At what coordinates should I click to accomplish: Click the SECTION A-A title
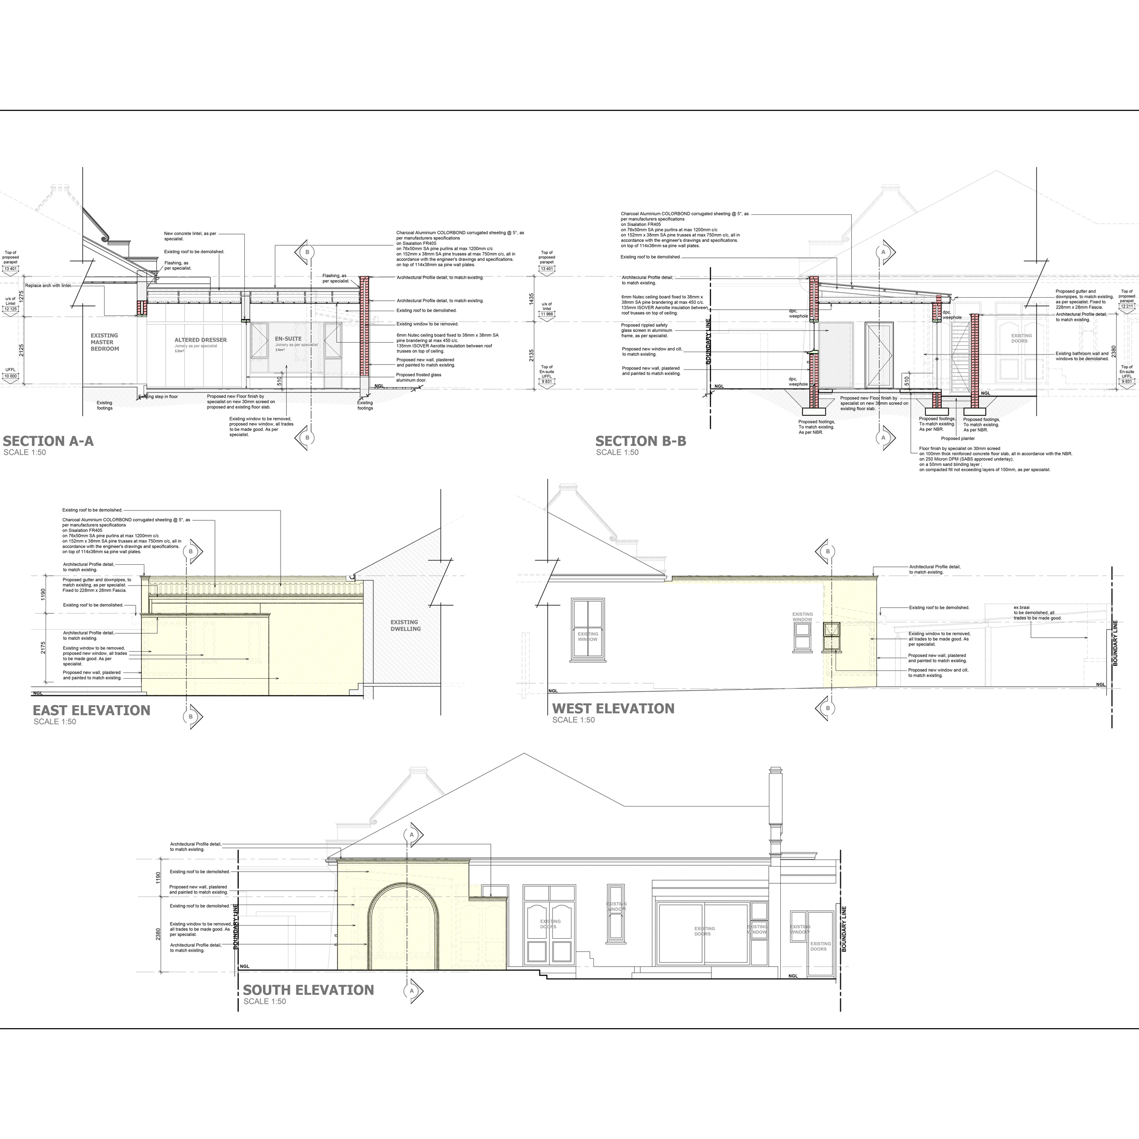pyautogui.click(x=48, y=441)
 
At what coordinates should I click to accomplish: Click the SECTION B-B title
pyautogui.click(x=640, y=441)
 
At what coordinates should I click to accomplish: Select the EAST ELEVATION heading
pyautogui.click(x=92, y=710)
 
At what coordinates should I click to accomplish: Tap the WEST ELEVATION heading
pyautogui.click(x=612, y=709)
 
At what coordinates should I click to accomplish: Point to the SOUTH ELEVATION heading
pyautogui.click(x=309, y=990)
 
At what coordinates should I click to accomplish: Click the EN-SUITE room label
pyautogui.click(x=288, y=339)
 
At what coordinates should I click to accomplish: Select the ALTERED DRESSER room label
pyautogui.click(x=200, y=340)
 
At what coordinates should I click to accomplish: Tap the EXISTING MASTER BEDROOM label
pyautogui.click(x=105, y=342)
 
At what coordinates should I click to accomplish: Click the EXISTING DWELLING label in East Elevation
pyautogui.click(x=405, y=625)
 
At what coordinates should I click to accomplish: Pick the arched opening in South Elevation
pyautogui.click(x=403, y=932)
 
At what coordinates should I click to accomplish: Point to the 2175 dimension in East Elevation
pyautogui.click(x=43, y=648)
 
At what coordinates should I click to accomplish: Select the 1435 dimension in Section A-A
pyautogui.click(x=531, y=299)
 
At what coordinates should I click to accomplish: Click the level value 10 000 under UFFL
pyautogui.click(x=10, y=376)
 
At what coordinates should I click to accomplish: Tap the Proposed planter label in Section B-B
pyautogui.click(x=957, y=439)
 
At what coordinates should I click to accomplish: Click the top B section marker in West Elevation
pyautogui.click(x=828, y=552)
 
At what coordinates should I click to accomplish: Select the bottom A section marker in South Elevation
pyautogui.click(x=412, y=991)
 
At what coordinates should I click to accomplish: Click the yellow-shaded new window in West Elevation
pyautogui.click(x=831, y=636)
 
